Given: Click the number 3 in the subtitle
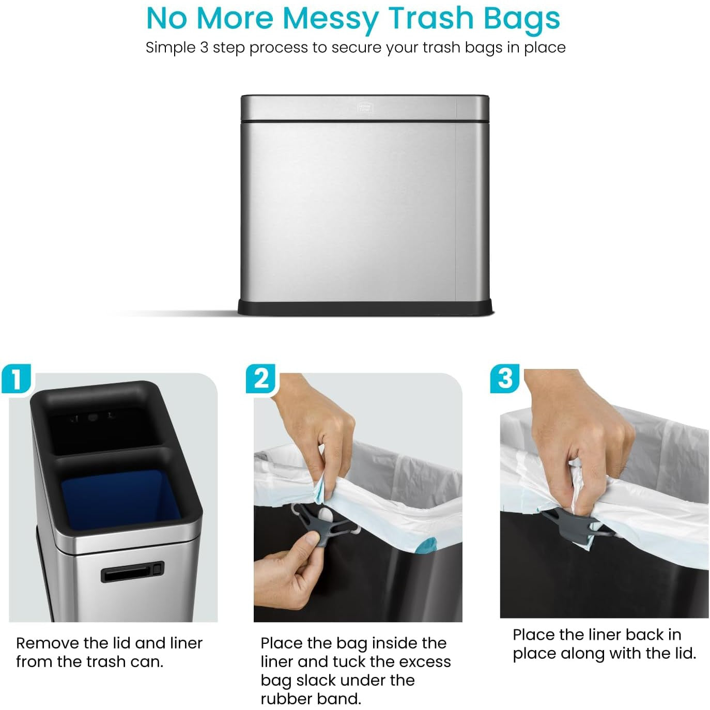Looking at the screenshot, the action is point(205,48).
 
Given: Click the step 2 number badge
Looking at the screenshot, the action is point(260,378).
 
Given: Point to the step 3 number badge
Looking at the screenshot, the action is point(505,378).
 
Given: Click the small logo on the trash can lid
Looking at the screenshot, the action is point(365,107).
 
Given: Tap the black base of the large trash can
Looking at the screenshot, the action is point(365,307).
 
